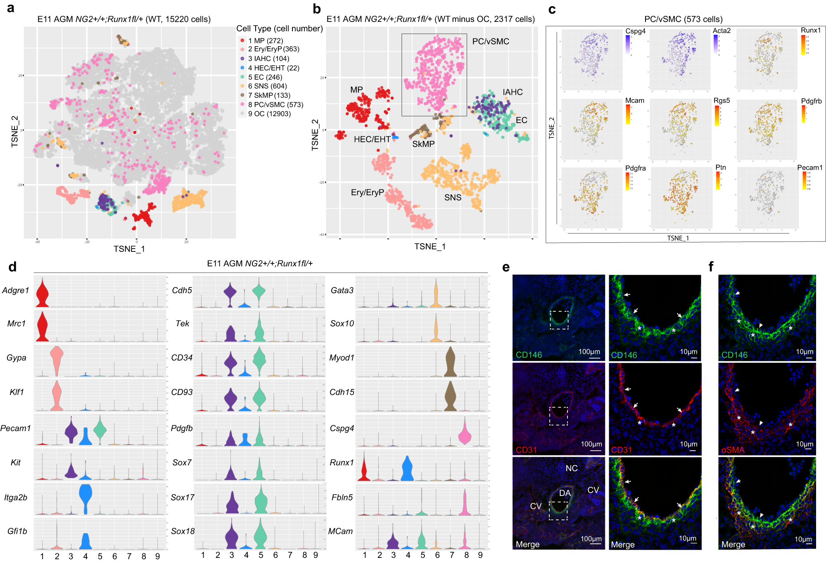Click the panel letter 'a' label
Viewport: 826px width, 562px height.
click(11, 8)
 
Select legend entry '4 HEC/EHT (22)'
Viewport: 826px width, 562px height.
click(273, 68)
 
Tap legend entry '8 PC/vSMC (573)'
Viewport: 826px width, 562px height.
click(275, 104)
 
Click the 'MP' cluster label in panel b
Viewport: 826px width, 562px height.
click(356, 90)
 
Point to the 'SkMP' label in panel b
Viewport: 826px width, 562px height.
click(423, 144)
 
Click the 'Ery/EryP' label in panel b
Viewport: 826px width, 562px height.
click(367, 192)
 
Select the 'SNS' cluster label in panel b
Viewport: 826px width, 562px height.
click(453, 197)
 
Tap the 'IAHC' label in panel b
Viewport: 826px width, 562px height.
click(513, 92)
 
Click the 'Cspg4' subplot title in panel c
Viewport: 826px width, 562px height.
click(635, 31)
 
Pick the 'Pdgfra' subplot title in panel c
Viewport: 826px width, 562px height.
click(635, 168)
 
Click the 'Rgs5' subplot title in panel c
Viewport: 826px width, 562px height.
click(722, 100)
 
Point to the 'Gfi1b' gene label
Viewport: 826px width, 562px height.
click(17, 531)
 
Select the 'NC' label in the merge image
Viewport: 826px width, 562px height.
click(572, 468)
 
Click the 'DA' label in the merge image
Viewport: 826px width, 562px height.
click(565, 493)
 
